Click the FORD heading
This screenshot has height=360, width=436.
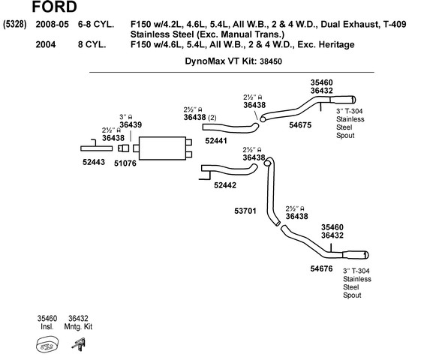pos(54,7)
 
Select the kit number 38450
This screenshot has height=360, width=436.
pos(271,61)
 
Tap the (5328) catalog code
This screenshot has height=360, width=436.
pos(15,25)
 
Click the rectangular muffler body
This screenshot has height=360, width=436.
pos(162,148)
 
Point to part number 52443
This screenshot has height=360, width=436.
pos(94,162)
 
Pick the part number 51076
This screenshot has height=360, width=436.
pos(125,163)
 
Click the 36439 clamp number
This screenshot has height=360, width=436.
pos(131,124)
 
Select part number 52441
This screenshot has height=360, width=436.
pos(216,141)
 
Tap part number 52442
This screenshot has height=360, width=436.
pos(225,185)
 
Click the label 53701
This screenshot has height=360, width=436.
pos(245,211)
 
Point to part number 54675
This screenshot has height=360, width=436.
pos(300,125)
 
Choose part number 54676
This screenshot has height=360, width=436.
pos(321,268)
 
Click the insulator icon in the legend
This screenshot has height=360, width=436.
pos(47,345)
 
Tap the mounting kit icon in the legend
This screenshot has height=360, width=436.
pos(79,345)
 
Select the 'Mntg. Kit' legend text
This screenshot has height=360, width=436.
pos(78,327)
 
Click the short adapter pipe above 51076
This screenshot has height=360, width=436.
pos(124,148)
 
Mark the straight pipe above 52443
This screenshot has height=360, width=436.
pos(97,148)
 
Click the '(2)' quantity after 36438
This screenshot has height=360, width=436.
pos(212,118)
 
